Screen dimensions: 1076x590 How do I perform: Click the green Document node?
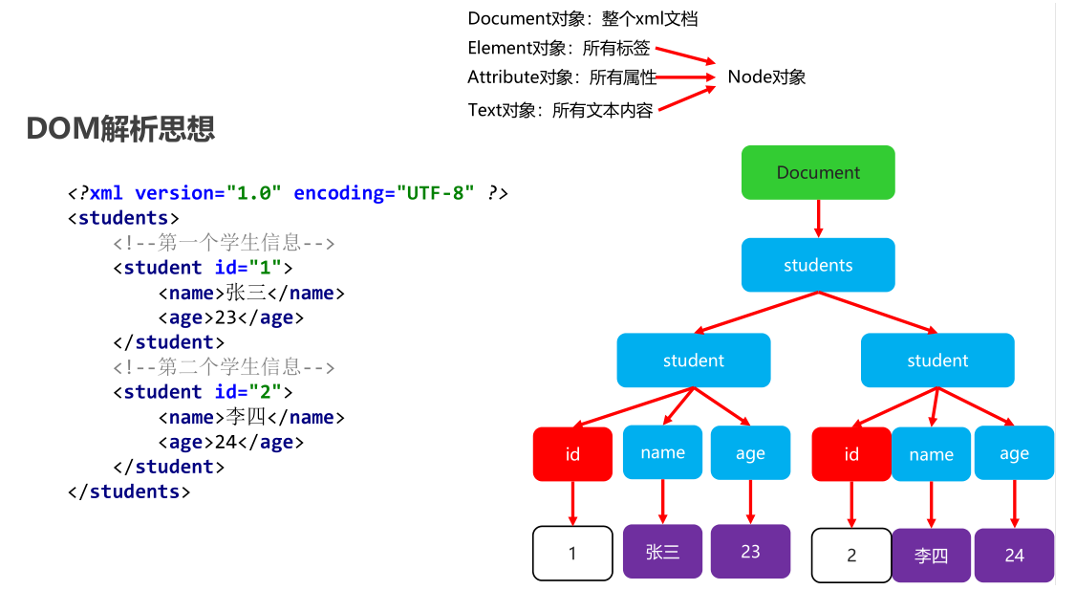tap(818, 172)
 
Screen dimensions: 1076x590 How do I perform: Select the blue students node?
tap(818, 265)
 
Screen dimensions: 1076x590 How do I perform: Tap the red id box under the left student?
tap(572, 454)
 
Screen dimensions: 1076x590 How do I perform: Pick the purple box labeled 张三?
tap(662, 552)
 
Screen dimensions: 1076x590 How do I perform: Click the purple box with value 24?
tap(1014, 555)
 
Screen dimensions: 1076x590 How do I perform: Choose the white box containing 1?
tap(572, 554)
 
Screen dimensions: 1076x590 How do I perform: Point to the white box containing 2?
tap(850, 555)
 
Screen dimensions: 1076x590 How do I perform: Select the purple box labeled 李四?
tap(931, 555)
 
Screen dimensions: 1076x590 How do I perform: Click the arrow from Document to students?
tap(818, 219)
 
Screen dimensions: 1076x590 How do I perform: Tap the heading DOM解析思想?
tap(120, 128)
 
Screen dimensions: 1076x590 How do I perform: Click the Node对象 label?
tap(766, 76)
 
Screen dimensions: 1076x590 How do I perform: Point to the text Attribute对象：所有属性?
tap(562, 76)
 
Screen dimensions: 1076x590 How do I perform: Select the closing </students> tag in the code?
tap(129, 492)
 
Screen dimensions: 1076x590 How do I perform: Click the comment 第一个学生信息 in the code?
tap(224, 243)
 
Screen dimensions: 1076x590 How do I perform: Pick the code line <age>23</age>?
tap(230, 317)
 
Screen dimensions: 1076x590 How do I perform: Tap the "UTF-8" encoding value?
tap(435, 193)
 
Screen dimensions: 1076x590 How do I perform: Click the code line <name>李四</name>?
tap(251, 417)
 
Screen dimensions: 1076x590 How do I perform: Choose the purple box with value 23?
tap(750, 552)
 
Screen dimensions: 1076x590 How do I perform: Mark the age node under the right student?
tap(1014, 453)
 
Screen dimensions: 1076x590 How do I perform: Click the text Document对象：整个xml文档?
tap(583, 18)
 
